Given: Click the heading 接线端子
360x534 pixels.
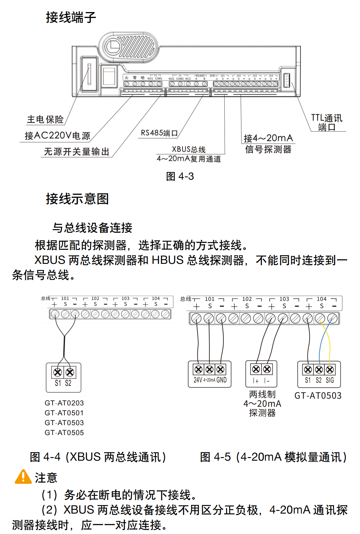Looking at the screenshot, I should tap(71, 17).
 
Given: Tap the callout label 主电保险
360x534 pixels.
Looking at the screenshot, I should tap(45, 120).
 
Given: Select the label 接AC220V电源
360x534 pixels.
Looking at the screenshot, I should tap(57, 136).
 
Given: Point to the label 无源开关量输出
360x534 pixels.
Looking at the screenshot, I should tap(77, 152).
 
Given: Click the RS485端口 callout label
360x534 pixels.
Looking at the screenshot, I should tap(159, 133).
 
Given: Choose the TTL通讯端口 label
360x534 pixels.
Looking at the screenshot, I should tap(327, 123).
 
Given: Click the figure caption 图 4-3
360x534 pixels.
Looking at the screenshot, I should tap(180, 176).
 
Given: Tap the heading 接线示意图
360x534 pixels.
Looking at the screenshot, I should tap(77, 199).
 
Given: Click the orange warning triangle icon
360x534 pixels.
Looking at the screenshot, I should tap(23, 477).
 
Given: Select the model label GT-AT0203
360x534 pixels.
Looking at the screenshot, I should tap(64, 403).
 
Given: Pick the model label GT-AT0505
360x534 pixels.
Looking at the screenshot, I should tap(64, 433).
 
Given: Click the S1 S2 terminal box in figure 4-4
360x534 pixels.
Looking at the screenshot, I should tap(63, 377).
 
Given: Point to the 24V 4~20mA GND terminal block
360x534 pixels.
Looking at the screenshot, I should tap(210, 374).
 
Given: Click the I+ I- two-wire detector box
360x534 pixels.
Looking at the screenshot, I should tap(261, 374).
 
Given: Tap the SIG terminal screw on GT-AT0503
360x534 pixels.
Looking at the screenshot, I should tap(330, 369).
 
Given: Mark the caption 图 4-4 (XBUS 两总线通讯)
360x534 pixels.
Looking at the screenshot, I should tap(98, 457).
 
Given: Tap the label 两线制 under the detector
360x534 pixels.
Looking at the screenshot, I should tap(262, 394).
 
